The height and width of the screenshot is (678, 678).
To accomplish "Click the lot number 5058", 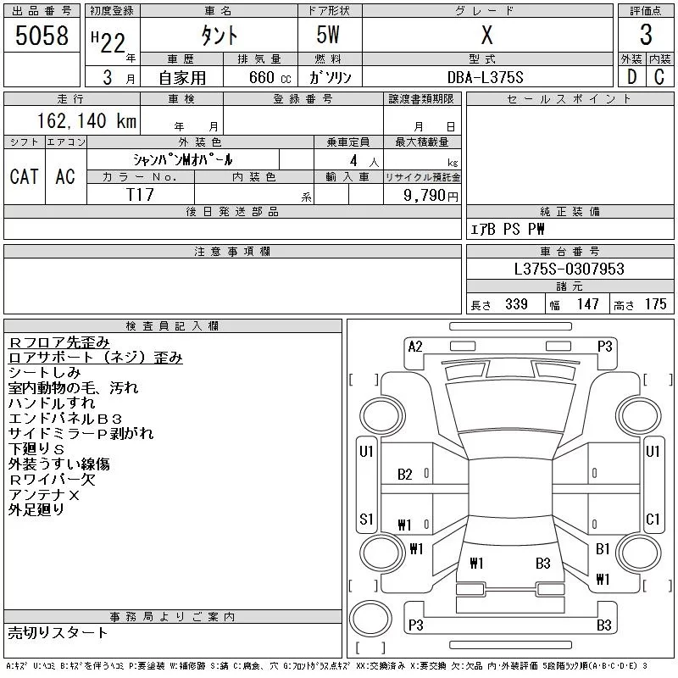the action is tap(42, 35).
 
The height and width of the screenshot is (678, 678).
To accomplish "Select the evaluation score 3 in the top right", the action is tap(646, 35).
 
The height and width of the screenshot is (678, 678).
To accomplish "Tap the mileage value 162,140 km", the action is tap(86, 120).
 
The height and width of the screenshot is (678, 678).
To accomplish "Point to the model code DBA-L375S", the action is tap(485, 77).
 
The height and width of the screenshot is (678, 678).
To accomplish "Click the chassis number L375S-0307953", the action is tap(569, 269).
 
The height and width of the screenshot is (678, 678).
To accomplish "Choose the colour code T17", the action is tap(140, 195).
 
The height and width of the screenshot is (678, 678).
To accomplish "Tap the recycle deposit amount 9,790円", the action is tap(431, 195).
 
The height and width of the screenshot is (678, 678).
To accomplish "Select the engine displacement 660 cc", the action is tap(270, 77).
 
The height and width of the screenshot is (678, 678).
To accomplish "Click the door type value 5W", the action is tap(328, 35).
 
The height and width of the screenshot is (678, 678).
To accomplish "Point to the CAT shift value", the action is tap(25, 176).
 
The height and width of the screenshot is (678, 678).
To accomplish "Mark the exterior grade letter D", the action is tap(631, 77).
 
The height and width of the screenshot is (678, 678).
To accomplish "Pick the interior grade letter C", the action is tap(659, 77).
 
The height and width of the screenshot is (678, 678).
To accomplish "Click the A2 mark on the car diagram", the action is tap(415, 347).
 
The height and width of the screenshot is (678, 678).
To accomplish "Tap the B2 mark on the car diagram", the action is tap(405, 475).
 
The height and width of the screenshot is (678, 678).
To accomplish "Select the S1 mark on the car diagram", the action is tap(366, 519).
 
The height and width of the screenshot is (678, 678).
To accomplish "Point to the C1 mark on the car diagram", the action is tap(653, 519).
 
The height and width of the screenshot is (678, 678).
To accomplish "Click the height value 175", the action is tap(655, 304).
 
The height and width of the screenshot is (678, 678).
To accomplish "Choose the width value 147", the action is tap(587, 304).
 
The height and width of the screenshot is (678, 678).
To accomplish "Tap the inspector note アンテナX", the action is tap(44, 495).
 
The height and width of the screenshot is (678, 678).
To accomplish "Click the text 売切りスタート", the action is tap(58, 632).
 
